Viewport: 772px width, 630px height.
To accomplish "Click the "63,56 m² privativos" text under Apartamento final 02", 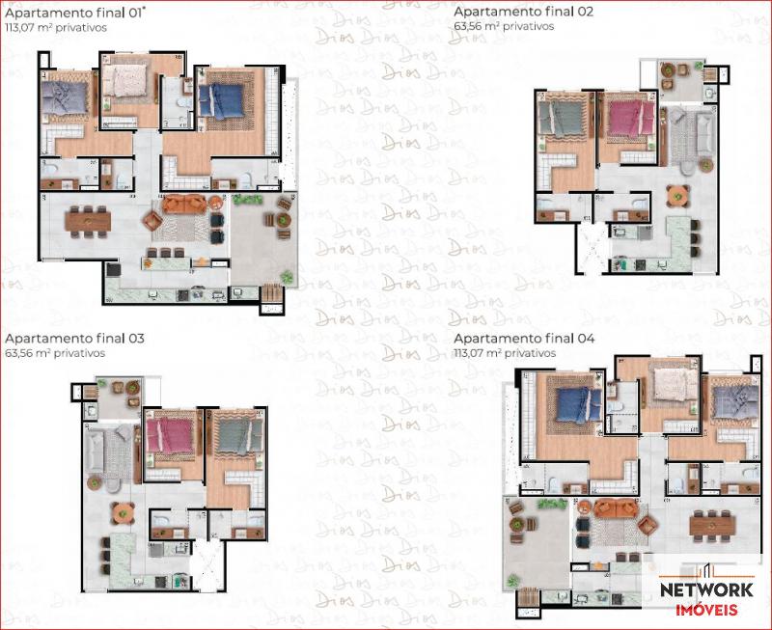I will pos(504,27).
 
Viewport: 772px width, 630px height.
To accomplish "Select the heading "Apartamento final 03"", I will pos(74,339).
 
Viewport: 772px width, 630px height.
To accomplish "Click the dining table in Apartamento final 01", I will pos(88,220).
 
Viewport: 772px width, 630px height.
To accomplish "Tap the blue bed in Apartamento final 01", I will pos(225,100).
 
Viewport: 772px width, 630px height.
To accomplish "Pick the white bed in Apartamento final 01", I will pos(124,81).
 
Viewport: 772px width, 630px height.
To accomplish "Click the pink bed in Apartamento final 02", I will pos(627,122).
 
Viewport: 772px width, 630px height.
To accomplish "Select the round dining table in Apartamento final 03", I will pos(123,512).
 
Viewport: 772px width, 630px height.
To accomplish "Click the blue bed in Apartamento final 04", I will pos(574,405).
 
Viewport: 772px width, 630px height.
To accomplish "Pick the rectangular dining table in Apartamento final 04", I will pos(711,525).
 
